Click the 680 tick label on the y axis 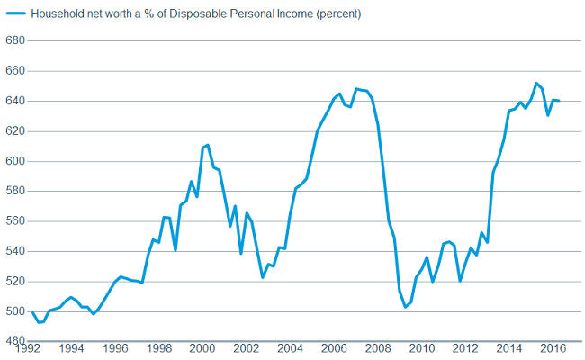pyautogui.click(x=15, y=40)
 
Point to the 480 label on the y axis pyautogui.click(x=15, y=341)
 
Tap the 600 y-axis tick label pyautogui.click(x=15, y=161)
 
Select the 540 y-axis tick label pyautogui.click(x=15, y=251)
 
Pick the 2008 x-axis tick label pyautogui.click(x=378, y=347)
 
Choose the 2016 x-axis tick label pyautogui.click(x=553, y=347)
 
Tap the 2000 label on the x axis pyautogui.click(x=202, y=347)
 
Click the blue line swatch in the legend pyautogui.click(x=14, y=14)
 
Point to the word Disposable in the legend pyautogui.click(x=187, y=14)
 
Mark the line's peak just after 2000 pyautogui.click(x=208, y=144)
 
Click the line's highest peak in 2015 pyautogui.click(x=536, y=83)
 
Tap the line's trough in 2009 pyautogui.click(x=405, y=307)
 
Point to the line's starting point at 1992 pyautogui.click(x=32, y=312)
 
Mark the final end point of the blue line pyautogui.click(x=559, y=100)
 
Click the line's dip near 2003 pyautogui.click(x=263, y=277)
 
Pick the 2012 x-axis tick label pyautogui.click(x=465, y=347)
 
